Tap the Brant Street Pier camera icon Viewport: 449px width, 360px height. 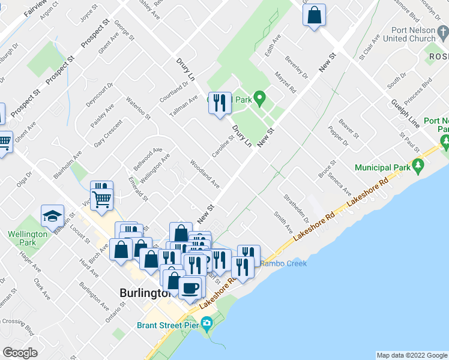(x=208, y=325)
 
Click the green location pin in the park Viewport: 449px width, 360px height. (x=259, y=97)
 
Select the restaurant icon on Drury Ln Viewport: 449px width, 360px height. (x=220, y=103)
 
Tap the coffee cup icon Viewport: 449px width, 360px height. (x=191, y=287)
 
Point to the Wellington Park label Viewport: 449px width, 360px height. (x=27, y=238)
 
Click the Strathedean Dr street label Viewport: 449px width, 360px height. (x=297, y=206)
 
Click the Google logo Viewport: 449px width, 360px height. (x=20, y=353)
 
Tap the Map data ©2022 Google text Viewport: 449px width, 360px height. (x=411, y=355)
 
